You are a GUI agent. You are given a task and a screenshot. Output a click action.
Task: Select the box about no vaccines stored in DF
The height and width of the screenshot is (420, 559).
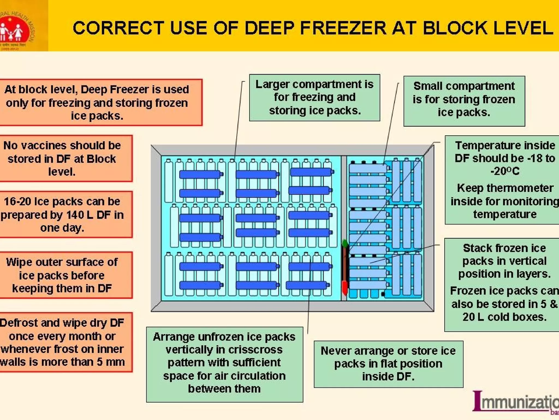pos(62,159)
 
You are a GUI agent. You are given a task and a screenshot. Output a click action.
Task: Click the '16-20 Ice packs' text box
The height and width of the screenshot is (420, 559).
pos(62,215)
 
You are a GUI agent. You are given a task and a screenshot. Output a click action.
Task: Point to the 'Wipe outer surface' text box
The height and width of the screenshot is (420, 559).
pos(62,275)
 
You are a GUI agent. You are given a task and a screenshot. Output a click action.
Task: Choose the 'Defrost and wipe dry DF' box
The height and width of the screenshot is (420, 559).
pos(62,342)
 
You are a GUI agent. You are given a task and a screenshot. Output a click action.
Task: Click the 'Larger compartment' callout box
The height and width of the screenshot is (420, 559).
pos(314,98)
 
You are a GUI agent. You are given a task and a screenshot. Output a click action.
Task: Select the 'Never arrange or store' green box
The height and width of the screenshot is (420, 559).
pos(388,364)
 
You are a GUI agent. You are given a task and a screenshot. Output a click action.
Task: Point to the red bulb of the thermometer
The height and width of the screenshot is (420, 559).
pos(344,287)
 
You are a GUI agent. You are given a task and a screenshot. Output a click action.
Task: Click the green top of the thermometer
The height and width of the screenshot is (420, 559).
pos(345,243)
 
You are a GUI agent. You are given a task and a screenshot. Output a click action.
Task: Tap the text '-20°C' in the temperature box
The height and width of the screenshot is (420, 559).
pos(505,171)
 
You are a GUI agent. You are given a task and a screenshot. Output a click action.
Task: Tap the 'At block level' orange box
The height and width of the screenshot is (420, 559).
pos(97,103)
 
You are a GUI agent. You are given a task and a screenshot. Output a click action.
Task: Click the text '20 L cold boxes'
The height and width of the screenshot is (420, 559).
pos(504,317)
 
